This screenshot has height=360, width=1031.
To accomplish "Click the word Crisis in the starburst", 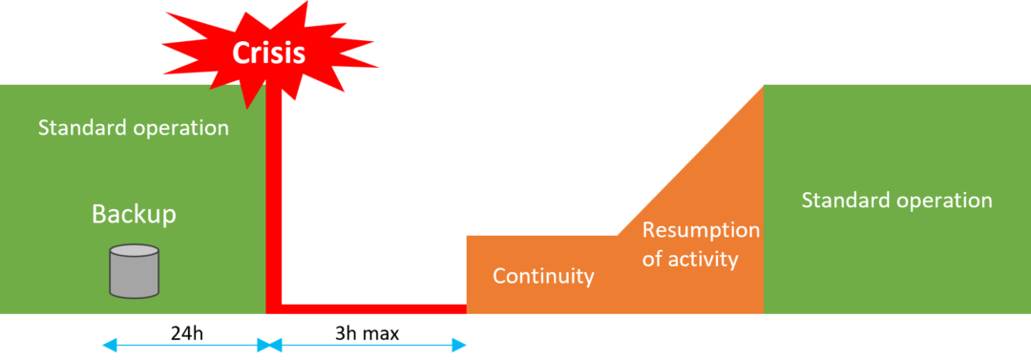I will (268, 52).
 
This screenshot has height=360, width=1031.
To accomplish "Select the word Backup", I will (134, 214).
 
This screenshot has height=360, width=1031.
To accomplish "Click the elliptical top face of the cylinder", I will (134, 252).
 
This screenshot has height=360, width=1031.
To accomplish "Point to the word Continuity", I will (543, 277).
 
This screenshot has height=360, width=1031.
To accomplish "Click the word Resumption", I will (701, 230).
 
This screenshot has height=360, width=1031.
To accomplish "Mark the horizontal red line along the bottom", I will (372, 308).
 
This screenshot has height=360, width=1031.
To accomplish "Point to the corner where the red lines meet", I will (272, 308).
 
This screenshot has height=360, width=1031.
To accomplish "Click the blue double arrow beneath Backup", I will (186, 345).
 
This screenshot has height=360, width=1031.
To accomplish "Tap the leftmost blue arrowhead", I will (107, 345).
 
